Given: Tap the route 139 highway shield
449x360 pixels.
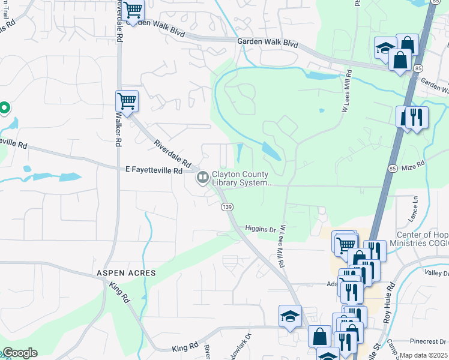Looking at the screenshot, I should (227, 206).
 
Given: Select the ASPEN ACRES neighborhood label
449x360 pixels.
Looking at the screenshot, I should (127, 273).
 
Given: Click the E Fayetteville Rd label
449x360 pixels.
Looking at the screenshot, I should (154, 171).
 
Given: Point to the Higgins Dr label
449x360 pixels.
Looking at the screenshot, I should (260, 229).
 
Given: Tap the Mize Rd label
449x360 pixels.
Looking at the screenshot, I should (413, 163).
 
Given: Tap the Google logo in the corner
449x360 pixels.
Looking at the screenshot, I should (19, 353).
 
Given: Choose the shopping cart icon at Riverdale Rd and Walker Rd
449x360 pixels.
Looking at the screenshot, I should (127, 100).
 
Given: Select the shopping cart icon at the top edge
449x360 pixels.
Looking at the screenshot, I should (133, 9).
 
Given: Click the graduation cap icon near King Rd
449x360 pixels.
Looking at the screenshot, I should (290, 316).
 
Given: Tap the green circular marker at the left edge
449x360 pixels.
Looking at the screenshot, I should (4, 108).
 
